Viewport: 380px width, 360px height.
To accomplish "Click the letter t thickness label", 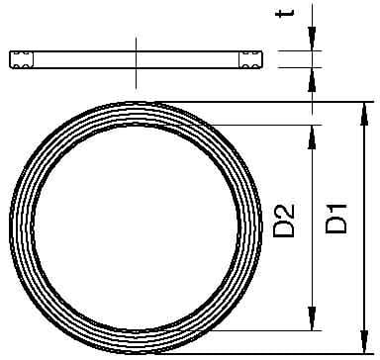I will point(313,14).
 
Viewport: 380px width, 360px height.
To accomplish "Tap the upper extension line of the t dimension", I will point(297,52).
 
